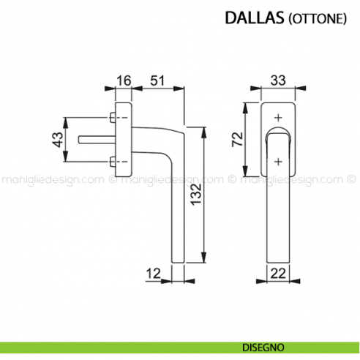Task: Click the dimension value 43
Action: tap(57, 139)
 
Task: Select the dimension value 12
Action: tap(153, 274)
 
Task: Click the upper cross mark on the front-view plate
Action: tap(277, 118)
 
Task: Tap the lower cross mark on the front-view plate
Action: tap(277, 161)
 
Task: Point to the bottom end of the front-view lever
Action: tap(277, 259)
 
